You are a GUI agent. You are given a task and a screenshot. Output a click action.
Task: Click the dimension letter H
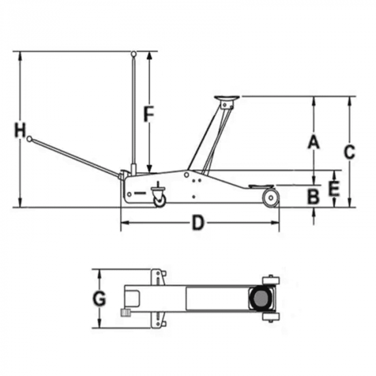click(20, 130)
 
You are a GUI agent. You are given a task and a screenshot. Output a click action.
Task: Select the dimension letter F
click(149, 114)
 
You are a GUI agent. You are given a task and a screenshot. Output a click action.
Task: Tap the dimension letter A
click(313, 142)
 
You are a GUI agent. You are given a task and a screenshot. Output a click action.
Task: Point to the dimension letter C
click(350, 152)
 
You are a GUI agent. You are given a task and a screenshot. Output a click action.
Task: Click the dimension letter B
click(313, 197)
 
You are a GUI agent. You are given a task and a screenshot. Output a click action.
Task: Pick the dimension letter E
click(334, 189)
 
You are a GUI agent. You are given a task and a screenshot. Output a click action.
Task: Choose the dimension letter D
click(198, 223)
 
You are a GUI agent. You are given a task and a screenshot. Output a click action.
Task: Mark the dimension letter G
click(99, 298)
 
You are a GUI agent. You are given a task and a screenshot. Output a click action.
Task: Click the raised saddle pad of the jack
click(226, 99)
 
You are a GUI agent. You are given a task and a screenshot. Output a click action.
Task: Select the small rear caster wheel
click(159, 200)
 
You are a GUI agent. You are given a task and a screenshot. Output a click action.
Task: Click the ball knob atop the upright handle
click(133, 54)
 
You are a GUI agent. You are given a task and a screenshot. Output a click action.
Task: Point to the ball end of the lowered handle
click(29, 139)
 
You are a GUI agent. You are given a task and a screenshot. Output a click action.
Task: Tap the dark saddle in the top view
click(260, 298)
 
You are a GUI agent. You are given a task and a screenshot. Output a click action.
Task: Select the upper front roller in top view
click(270, 280)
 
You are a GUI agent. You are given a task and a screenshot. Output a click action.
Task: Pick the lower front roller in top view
click(270, 316)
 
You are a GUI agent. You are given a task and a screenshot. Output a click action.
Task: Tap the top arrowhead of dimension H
click(20, 54)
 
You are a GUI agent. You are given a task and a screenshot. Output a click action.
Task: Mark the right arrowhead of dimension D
click(277, 222)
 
